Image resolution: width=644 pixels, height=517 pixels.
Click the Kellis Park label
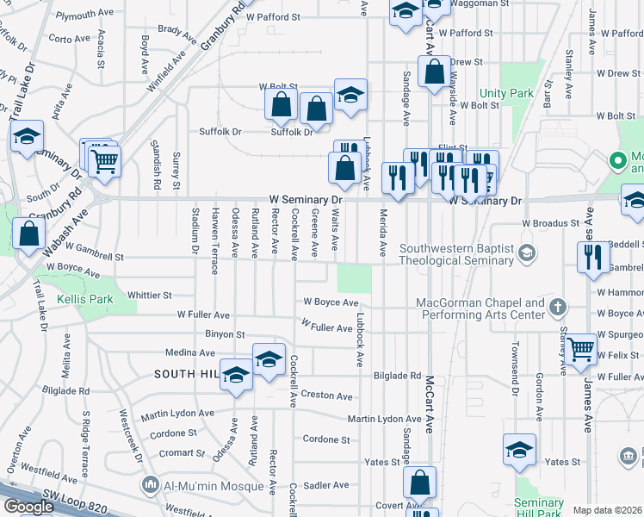84,300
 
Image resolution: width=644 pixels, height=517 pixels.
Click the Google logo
28,507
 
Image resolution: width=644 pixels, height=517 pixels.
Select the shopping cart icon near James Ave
582,350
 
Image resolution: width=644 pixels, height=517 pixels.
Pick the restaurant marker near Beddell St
593,258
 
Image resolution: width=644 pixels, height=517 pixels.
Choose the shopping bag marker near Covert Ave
420,483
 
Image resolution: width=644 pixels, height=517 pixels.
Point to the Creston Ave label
326,396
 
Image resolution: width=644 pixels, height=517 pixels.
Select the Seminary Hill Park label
538,508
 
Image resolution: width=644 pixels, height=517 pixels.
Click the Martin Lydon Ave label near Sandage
384,419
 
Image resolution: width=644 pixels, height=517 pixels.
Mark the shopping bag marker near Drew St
434,72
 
